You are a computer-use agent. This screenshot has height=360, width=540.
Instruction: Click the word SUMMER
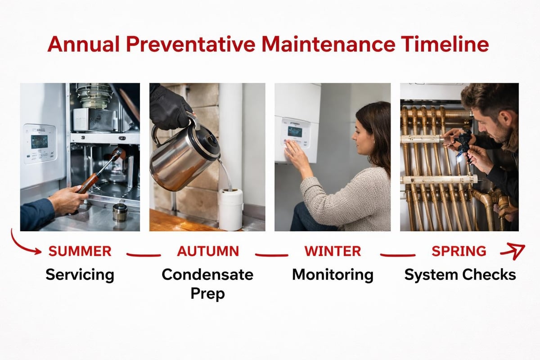[80, 252]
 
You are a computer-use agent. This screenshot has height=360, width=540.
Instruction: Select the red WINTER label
[333, 251]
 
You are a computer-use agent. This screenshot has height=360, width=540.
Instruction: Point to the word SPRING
[459, 251]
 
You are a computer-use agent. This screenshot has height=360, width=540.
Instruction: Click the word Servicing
[80, 274]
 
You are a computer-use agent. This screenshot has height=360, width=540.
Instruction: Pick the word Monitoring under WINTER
[333, 274]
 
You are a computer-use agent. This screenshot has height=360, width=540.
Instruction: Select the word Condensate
[207, 274]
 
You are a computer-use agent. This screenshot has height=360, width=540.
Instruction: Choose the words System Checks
[459, 274]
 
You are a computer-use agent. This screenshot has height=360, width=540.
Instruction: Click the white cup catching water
[230, 209]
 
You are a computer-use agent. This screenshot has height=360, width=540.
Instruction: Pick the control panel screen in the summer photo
[39, 142]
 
